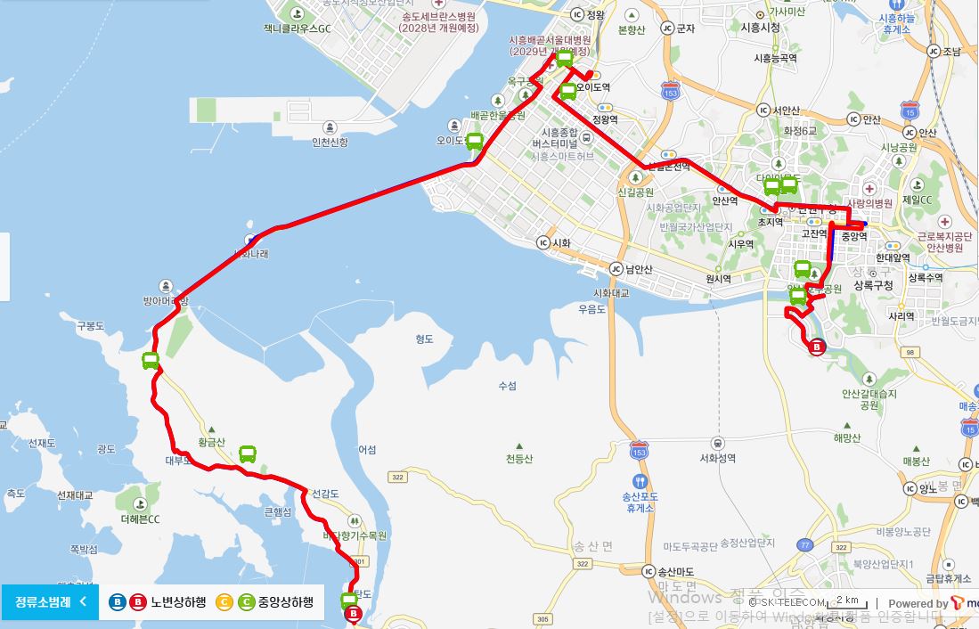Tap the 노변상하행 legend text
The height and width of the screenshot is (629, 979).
coord(178,602)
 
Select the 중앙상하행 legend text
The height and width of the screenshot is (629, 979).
coord(285,602)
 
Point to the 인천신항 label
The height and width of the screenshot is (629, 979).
coord(330,142)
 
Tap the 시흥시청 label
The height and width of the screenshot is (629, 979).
coord(760,28)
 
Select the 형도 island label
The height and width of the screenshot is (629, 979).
coord(424,339)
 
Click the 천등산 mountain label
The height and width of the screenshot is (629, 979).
coord(519,459)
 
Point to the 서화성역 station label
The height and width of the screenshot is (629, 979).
coord(718,459)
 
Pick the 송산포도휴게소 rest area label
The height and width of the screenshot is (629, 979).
coord(640,502)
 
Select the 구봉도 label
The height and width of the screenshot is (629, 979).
coord(90,326)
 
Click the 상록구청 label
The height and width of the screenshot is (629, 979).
coord(873,286)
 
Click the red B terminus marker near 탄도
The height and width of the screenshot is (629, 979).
coord(354,614)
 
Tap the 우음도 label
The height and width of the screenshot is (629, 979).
coord(591,309)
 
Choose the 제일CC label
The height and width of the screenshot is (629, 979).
coord(916,200)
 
